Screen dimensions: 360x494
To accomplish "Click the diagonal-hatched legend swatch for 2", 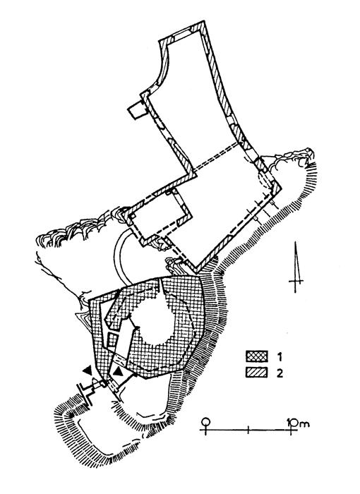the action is tap(257, 373).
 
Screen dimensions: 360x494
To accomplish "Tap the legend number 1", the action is tap(280, 356).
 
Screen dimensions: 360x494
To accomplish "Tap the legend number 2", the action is tap(280, 373).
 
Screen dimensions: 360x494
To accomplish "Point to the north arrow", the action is tap(296, 267).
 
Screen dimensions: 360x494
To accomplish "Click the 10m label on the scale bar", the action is tap(298, 423).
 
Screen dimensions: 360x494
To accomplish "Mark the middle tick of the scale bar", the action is tap(248, 429).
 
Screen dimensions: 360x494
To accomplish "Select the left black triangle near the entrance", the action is tap(88, 370).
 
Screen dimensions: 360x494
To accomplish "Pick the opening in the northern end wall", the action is tap(183, 34).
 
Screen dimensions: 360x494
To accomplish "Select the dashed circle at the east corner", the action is tap(265, 180).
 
